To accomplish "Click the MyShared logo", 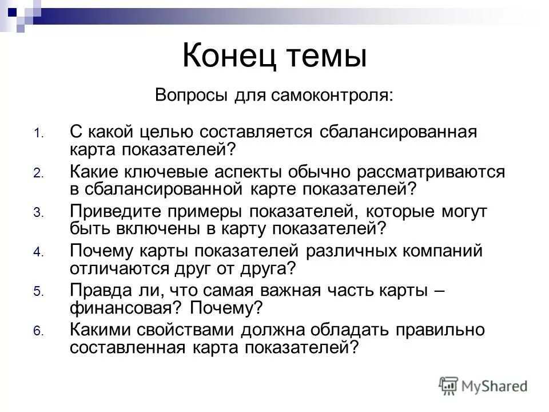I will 483,385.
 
